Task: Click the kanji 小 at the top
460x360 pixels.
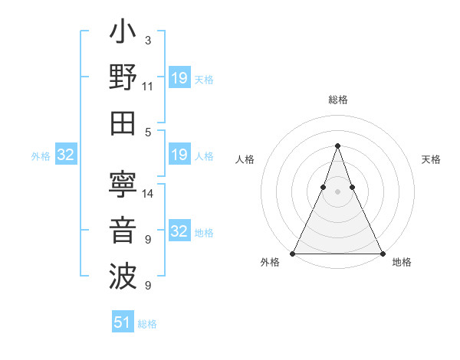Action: click(123, 34)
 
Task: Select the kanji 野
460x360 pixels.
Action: click(123, 78)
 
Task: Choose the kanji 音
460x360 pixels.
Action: click(123, 231)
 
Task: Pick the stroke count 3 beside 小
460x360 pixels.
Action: click(148, 40)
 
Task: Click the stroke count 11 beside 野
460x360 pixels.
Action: click(148, 87)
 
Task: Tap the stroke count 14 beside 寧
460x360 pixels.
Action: click(148, 193)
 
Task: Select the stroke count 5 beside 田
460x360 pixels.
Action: click(148, 132)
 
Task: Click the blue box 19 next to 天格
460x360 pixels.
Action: click(179, 78)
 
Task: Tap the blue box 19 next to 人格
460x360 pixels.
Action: click(179, 155)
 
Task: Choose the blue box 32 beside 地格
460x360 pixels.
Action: click(179, 231)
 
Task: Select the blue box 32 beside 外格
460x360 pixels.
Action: click(66, 155)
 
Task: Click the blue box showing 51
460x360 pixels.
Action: click(123, 322)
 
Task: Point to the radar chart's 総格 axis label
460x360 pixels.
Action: click(337, 100)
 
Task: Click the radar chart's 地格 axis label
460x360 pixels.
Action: click(402, 262)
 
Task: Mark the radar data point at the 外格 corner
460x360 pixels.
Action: click(293, 254)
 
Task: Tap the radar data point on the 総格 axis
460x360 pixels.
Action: click(337, 146)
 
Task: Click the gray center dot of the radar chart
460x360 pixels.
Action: click(337, 191)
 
